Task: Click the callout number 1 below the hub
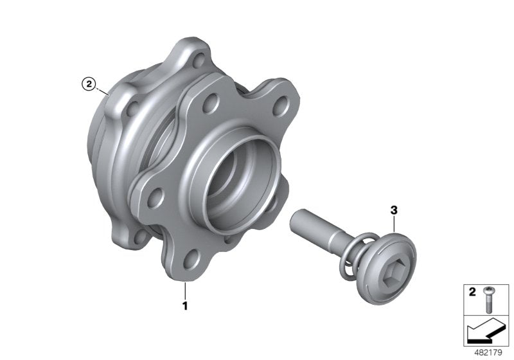point(185,307)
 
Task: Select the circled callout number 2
point(87,83)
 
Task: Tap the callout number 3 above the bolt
point(393,210)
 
